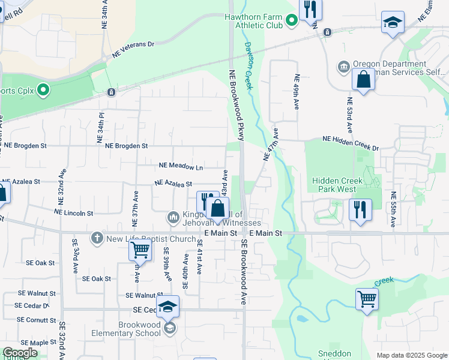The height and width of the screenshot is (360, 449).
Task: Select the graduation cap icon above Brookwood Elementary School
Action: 168,306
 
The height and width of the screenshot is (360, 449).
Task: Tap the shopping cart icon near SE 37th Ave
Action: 140,249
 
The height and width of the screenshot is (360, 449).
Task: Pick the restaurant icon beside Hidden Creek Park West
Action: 360,210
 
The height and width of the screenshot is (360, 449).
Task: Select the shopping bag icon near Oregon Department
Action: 364,80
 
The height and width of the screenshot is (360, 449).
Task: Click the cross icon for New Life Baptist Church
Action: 96,239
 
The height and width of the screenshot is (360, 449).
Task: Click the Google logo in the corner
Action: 20,353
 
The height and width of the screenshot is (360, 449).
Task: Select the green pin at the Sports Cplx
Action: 43,91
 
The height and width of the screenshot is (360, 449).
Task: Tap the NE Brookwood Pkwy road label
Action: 236,105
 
